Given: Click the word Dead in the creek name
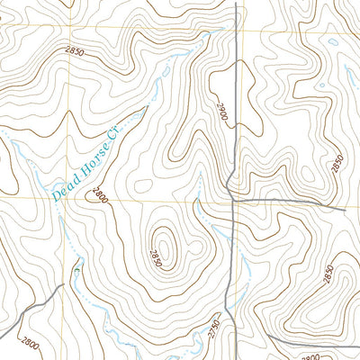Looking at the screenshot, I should click(64, 186).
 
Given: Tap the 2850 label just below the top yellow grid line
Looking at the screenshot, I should click(75, 53).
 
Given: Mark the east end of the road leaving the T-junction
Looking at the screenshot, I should click(346, 210).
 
